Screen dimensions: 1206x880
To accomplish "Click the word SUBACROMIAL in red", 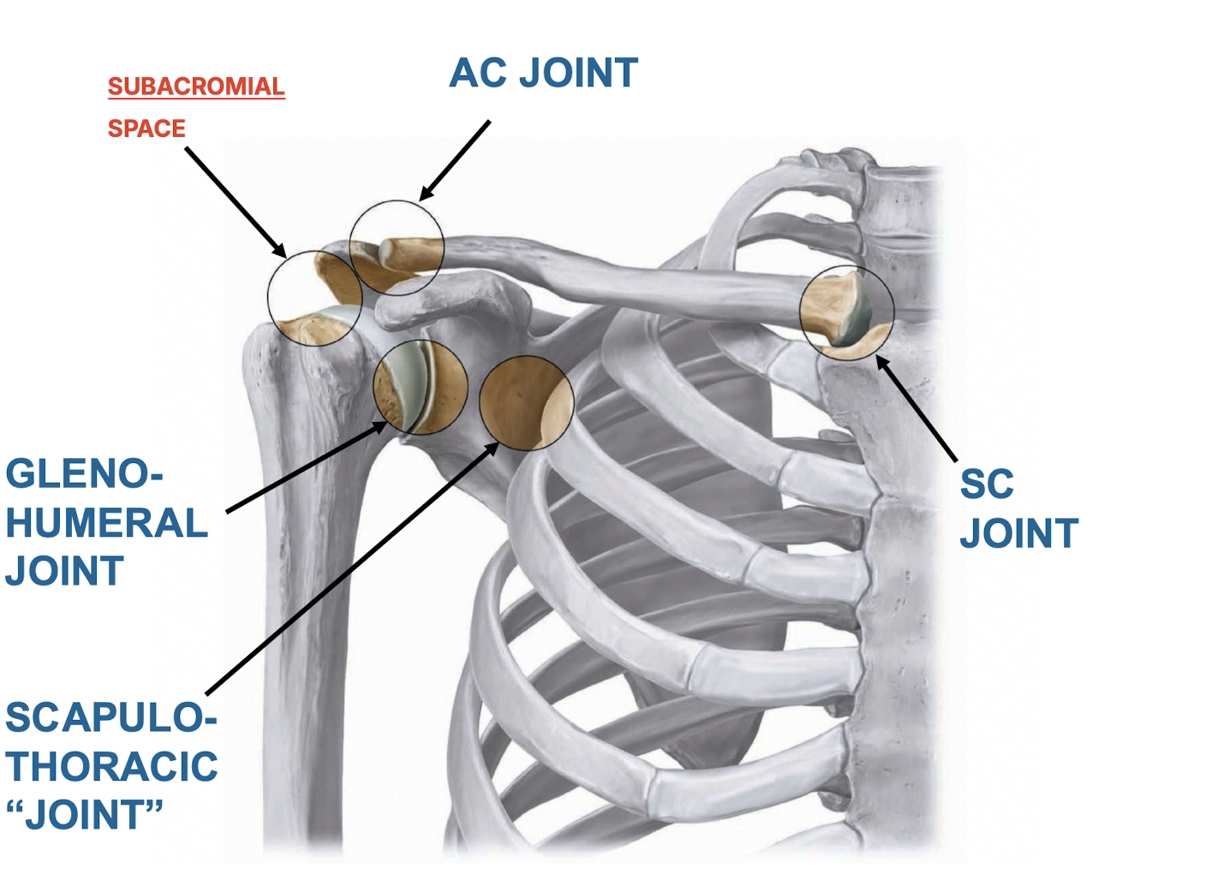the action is click(x=196, y=87).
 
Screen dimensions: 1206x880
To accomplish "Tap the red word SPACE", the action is click(x=146, y=129).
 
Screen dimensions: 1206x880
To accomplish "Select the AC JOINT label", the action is click(x=544, y=74).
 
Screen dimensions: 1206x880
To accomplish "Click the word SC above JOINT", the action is click(x=987, y=485).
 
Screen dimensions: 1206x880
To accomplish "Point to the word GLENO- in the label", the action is click(x=84, y=474).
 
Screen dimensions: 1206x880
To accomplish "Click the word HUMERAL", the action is click(x=107, y=523).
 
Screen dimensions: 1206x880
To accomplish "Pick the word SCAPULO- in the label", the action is click(x=110, y=717).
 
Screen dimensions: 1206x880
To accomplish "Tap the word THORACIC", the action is click(x=111, y=766).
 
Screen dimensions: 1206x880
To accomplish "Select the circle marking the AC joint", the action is click(x=397, y=248).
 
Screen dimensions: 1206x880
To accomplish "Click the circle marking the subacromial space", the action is click(x=315, y=298).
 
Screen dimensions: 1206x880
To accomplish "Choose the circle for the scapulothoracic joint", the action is click(x=526, y=403).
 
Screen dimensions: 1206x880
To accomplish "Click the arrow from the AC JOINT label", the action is click(x=455, y=160).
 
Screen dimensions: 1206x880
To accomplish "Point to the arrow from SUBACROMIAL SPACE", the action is click(x=236, y=202).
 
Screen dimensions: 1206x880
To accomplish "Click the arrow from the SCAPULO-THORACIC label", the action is click(x=351, y=568).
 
